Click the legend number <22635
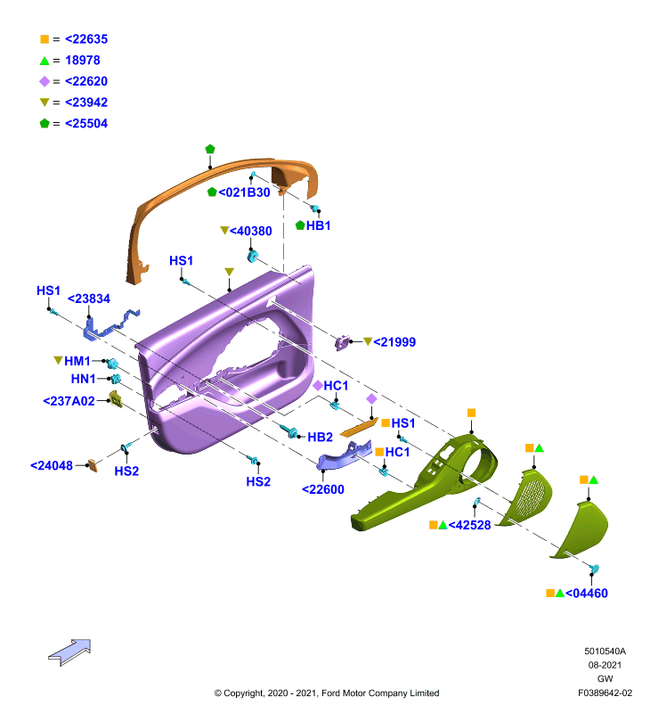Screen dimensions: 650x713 click(x=86, y=39)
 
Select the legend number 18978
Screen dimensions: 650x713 click(x=83, y=60)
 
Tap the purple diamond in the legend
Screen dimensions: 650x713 click(x=45, y=81)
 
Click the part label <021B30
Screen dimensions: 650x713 click(x=244, y=193)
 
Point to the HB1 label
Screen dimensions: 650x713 click(x=319, y=225)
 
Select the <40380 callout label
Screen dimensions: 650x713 click(x=251, y=231)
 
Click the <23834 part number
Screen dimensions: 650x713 click(x=89, y=299)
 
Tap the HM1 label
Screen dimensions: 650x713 click(x=77, y=361)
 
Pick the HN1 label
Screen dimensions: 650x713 click(x=84, y=379)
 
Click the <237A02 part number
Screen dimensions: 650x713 click(x=69, y=401)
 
